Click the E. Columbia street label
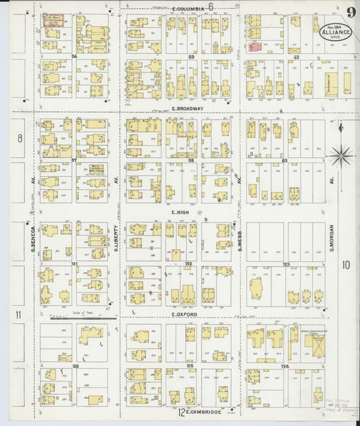point(189,9)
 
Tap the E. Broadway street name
point(183,108)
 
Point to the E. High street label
point(179,212)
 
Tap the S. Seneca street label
point(32,239)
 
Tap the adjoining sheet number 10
point(346,264)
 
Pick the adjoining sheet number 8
point(20,138)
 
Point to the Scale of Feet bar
point(83,318)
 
